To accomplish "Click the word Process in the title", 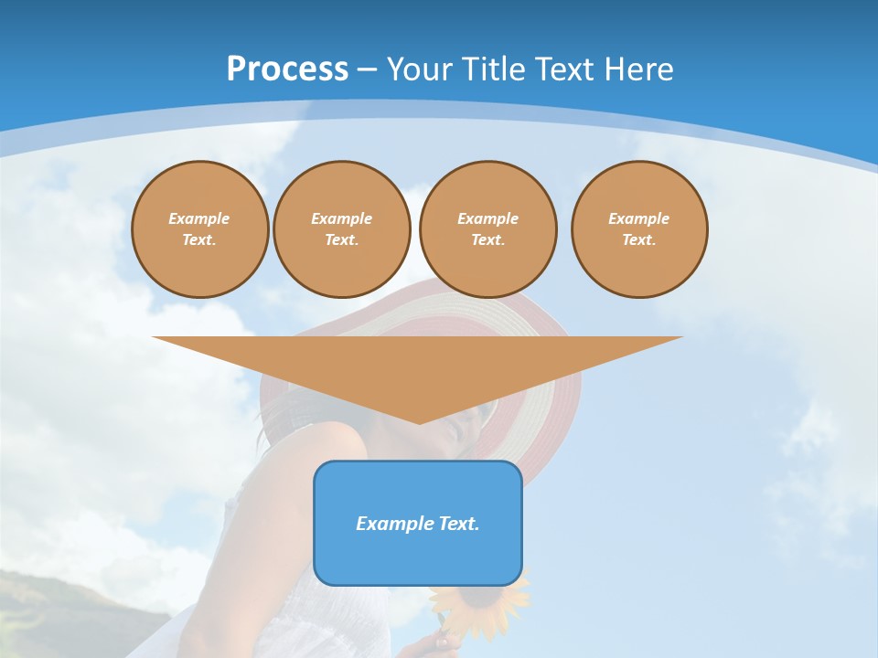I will (x=287, y=69).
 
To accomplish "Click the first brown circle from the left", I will (x=200, y=229).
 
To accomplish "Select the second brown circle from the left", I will (x=342, y=229).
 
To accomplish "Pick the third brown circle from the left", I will (x=488, y=229).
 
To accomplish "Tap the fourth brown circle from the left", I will (x=639, y=229).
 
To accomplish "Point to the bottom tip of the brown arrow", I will (x=419, y=421).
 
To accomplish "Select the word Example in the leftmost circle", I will (x=199, y=218).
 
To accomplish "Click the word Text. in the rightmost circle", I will (x=639, y=240).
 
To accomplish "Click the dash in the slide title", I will (x=368, y=69).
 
